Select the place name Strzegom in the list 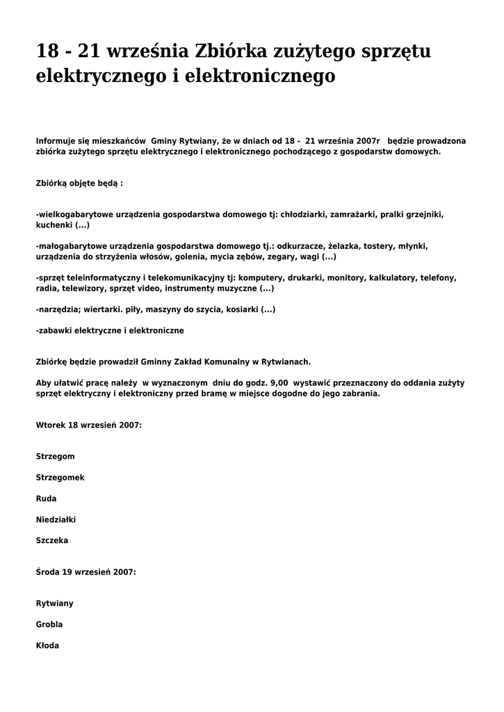point(55,457)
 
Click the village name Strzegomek point(60,478)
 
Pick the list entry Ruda point(46,499)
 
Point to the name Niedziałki point(56,519)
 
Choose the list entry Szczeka point(52,540)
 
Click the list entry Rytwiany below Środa point(54,604)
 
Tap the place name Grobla point(49,624)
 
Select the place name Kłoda point(47,645)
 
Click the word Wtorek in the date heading point(50,425)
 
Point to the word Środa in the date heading point(47,572)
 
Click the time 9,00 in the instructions point(277,383)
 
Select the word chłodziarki point(304,215)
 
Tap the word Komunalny point(224,362)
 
